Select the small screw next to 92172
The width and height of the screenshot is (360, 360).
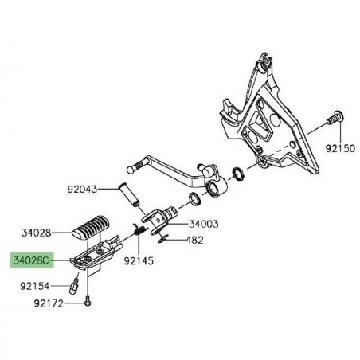tap(88, 302)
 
